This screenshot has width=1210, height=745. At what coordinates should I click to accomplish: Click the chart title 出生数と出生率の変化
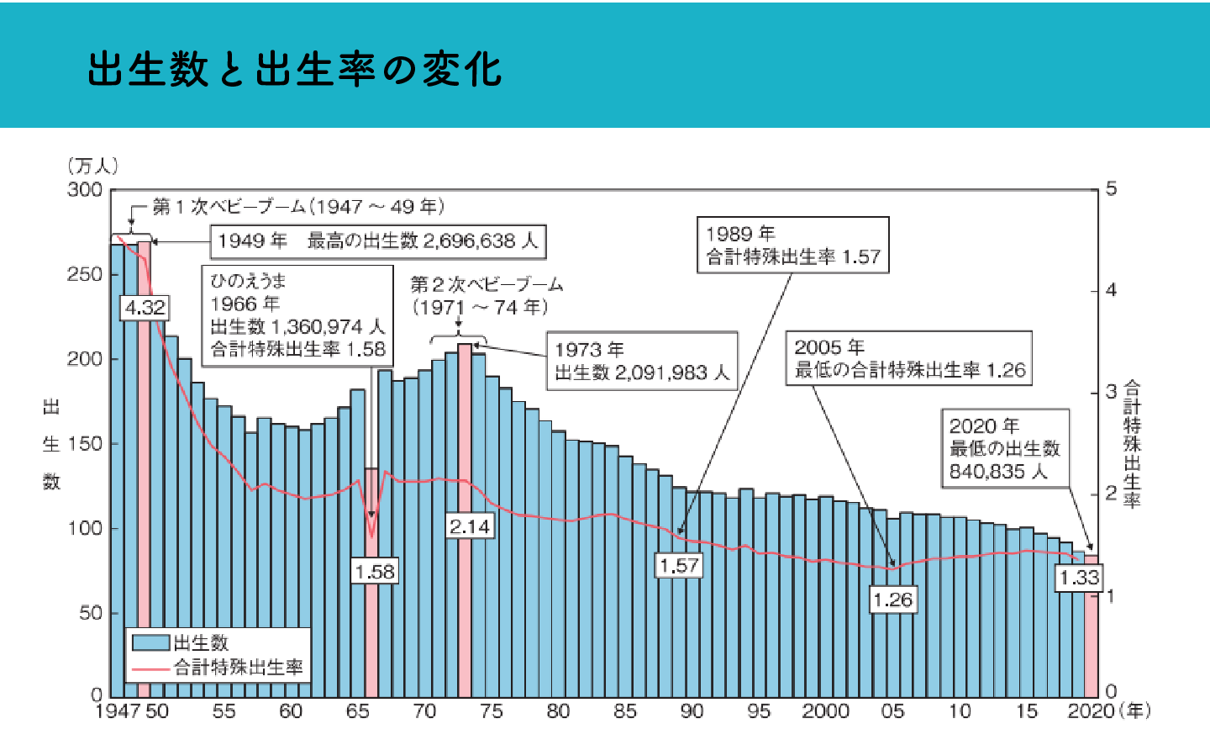[x=294, y=69]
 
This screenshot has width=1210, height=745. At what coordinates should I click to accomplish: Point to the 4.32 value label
[x=145, y=308]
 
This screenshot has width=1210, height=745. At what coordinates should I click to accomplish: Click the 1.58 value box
[x=374, y=572]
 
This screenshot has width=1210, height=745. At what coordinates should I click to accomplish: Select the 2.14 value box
[x=469, y=526]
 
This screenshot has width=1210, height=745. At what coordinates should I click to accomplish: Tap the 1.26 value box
[x=892, y=600]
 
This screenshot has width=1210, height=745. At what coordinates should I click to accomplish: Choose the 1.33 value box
[x=1079, y=578]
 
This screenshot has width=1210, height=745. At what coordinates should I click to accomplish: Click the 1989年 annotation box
[x=792, y=245]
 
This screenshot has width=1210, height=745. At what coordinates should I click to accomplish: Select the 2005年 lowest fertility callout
[x=908, y=358]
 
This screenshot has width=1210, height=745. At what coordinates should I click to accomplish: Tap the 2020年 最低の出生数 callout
[x=1005, y=448]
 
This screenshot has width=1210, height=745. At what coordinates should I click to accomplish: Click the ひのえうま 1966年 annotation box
[x=297, y=314]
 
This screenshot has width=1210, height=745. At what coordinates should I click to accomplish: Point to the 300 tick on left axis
[x=85, y=190]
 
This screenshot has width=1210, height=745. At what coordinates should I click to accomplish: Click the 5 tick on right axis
[x=1112, y=189]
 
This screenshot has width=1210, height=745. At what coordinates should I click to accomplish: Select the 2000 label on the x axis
[x=825, y=711]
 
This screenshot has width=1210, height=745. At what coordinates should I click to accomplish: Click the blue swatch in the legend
[x=151, y=643]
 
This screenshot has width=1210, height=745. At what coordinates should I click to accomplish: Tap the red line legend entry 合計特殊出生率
[x=238, y=668]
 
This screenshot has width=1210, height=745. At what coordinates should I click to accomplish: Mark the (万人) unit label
[x=92, y=166]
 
